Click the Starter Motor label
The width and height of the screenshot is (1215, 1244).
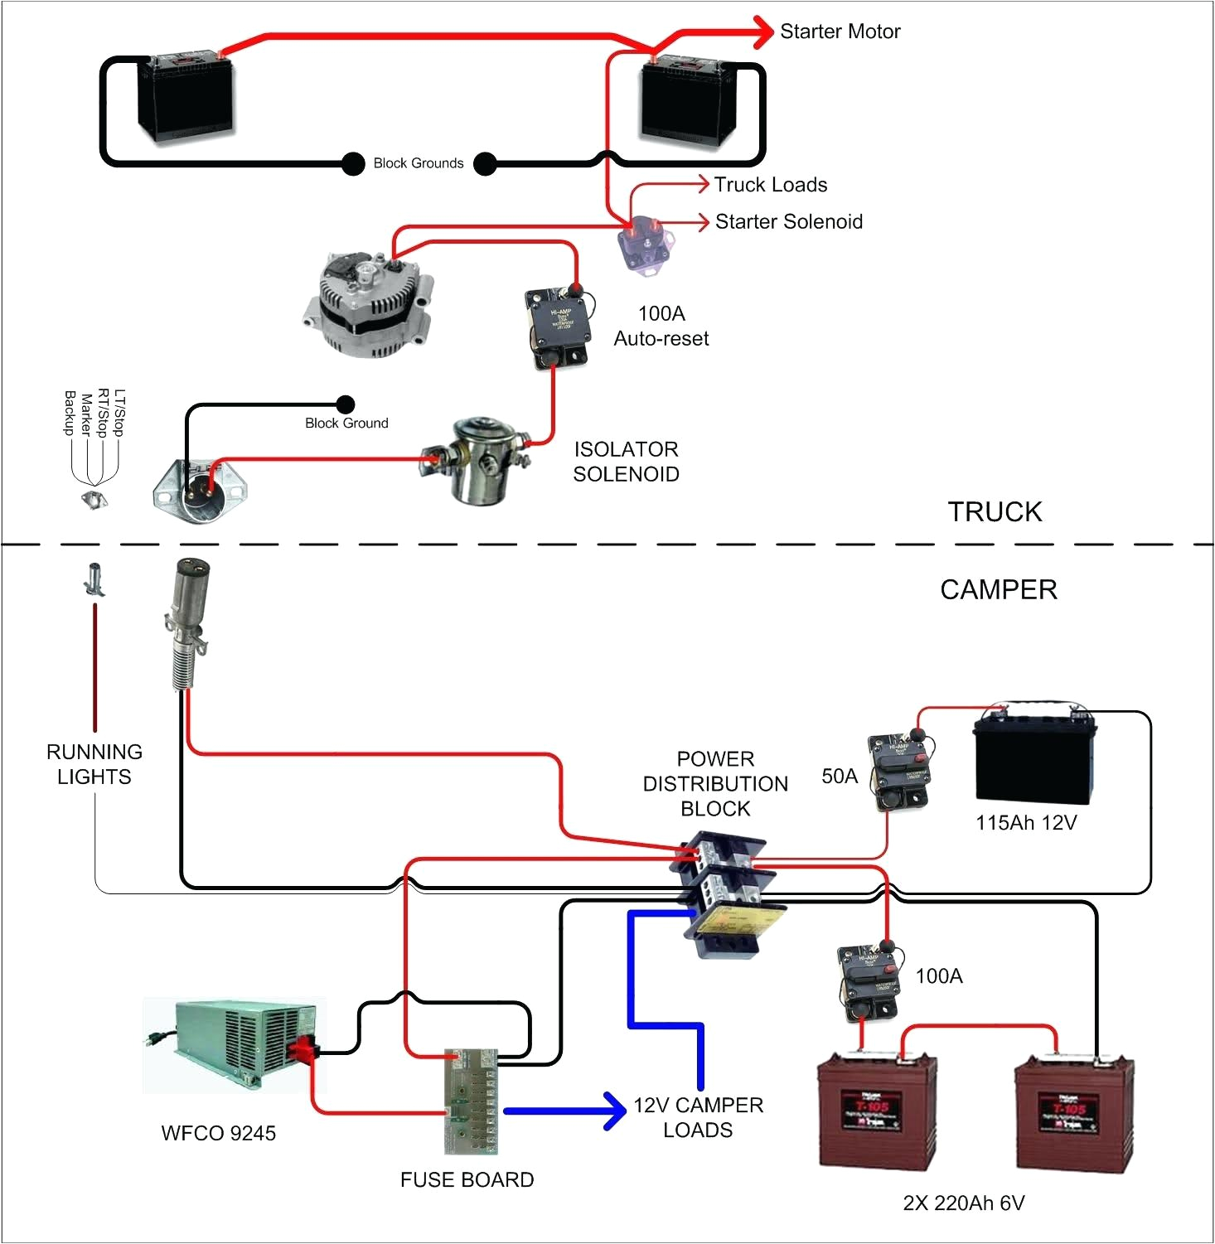[x=840, y=31]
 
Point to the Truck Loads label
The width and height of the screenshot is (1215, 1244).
[x=771, y=185]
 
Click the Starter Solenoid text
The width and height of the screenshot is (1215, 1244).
[x=788, y=222]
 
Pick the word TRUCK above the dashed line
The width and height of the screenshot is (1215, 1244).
[x=995, y=511]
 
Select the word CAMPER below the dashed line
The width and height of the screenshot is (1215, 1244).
[x=998, y=589]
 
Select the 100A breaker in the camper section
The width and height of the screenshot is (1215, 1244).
[x=869, y=983]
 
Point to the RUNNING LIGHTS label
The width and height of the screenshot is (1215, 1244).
[x=94, y=764]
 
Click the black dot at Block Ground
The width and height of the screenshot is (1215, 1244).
[x=346, y=404]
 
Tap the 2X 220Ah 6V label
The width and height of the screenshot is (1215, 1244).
[x=963, y=1203]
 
